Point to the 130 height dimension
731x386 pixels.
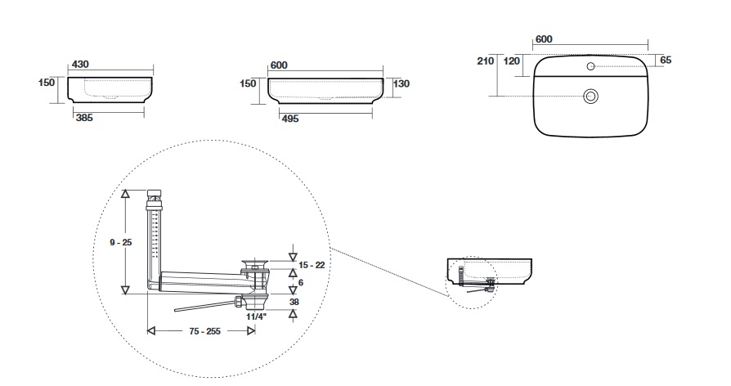pos(401,83)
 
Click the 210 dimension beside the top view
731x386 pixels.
pos(485,61)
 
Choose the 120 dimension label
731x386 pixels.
pos(512,61)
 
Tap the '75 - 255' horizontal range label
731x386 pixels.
pos(198,331)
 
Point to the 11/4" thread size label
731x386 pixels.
pos(256,315)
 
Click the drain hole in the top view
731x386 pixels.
pos(590,96)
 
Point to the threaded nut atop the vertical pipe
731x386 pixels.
pos(155,196)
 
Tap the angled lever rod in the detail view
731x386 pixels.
pos(204,306)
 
